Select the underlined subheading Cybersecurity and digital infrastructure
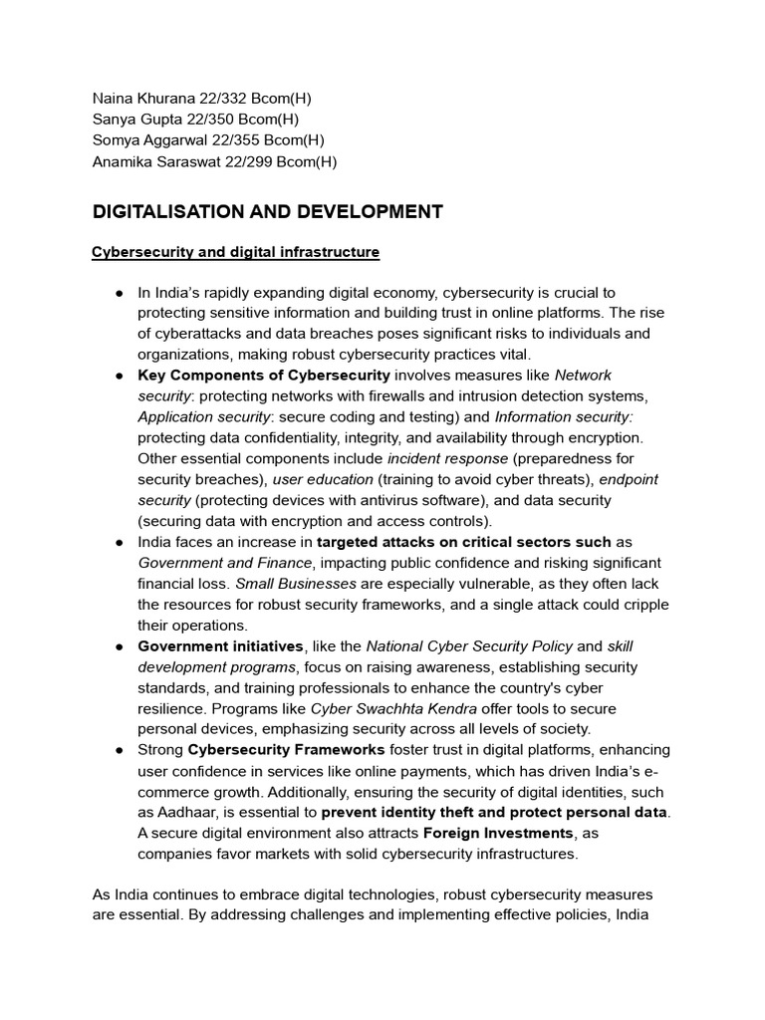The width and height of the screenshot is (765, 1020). [235, 253]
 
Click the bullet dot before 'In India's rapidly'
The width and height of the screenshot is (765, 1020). [119, 293]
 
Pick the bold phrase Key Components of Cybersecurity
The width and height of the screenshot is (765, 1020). [263, 376]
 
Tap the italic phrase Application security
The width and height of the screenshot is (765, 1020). [203, 417]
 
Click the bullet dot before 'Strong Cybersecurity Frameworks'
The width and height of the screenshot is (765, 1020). [119, 750]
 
